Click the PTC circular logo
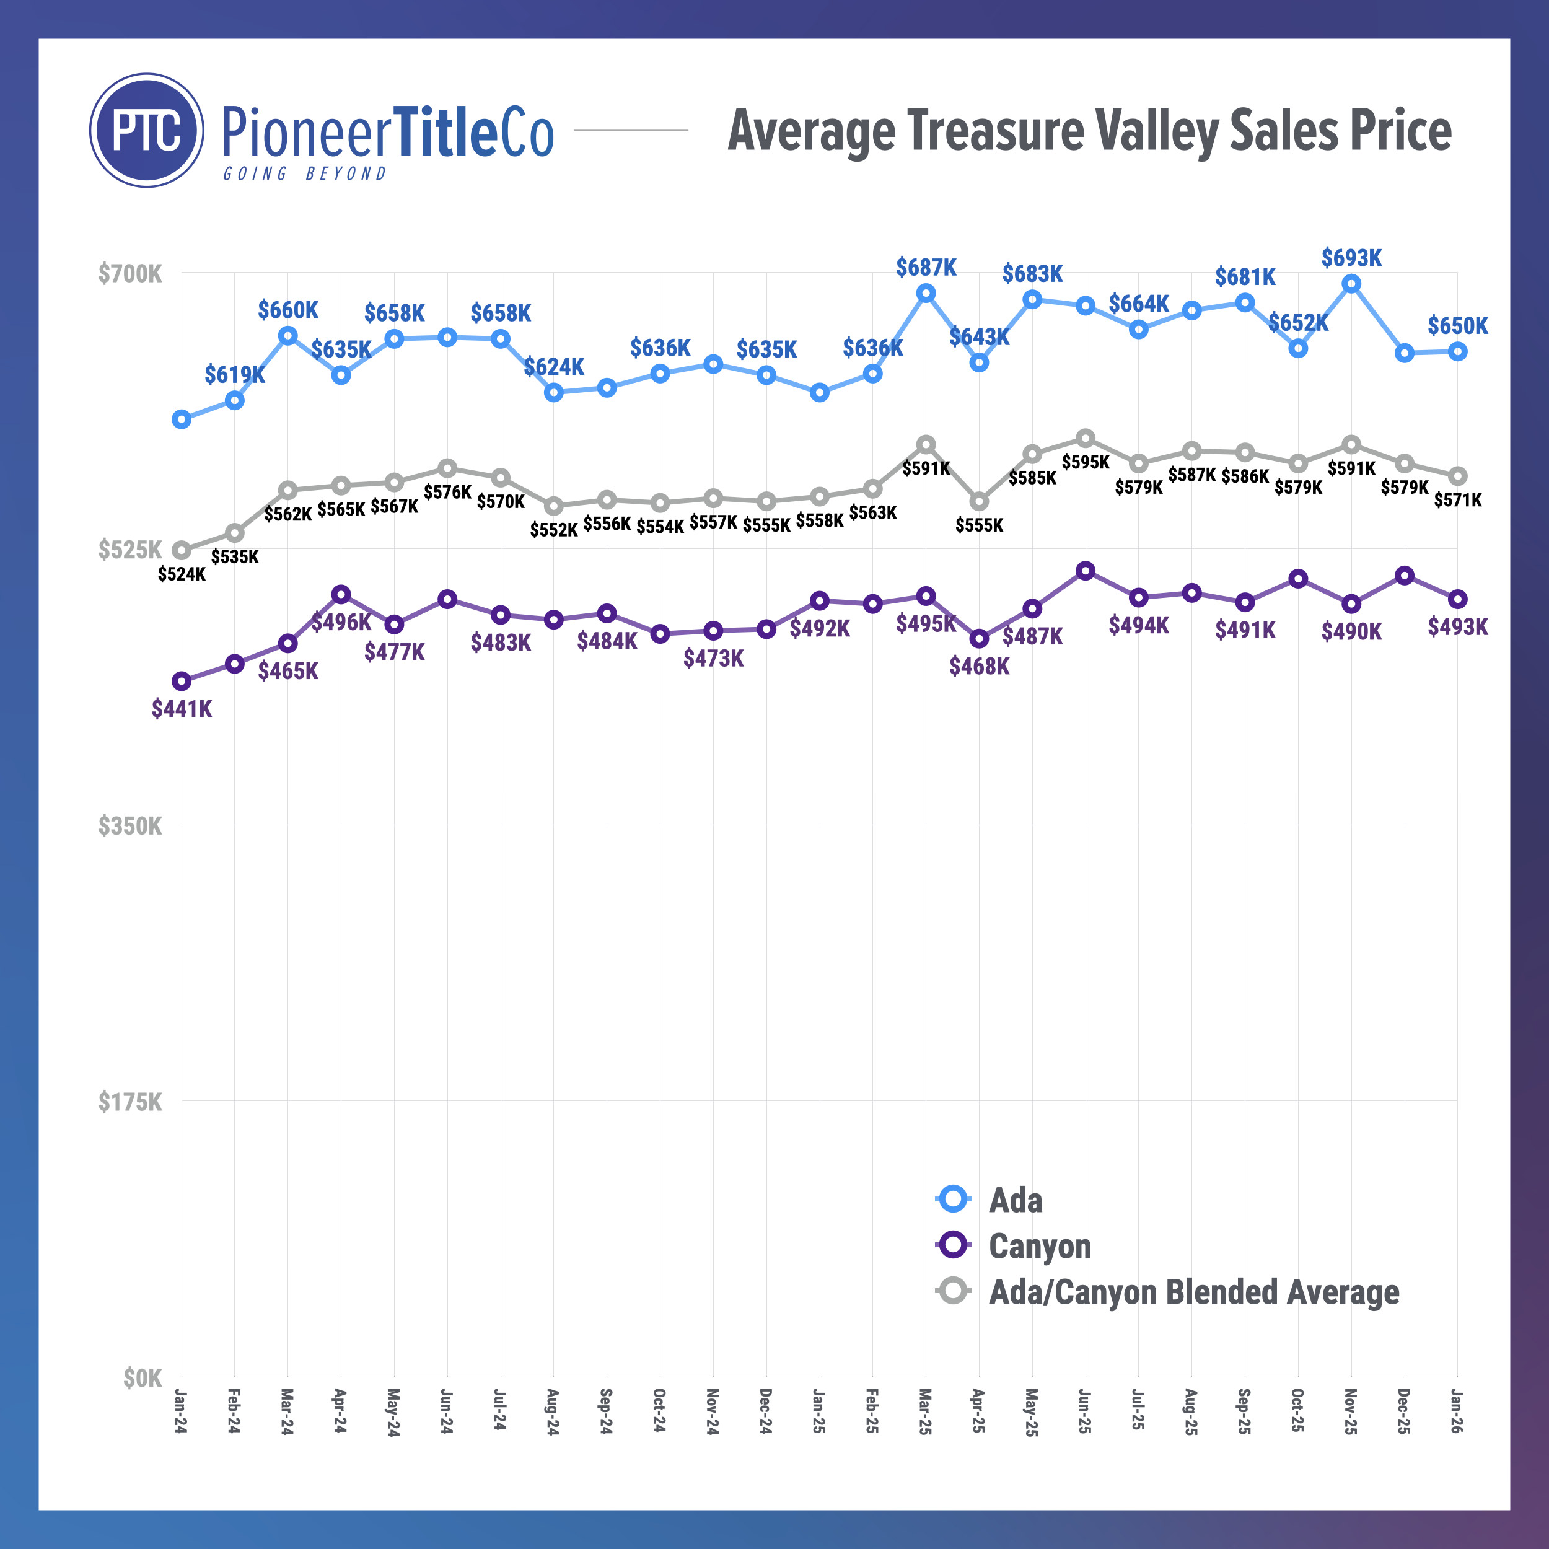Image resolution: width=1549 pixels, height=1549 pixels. click(x=147, y=130)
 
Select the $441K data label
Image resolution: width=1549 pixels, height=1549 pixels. click(x=182, y=709)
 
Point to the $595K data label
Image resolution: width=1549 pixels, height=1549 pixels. click(x=1085, y=462)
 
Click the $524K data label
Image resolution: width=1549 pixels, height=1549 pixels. click(x=182, y=574)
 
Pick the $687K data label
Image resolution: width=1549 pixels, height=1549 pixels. click(x=926, y=267)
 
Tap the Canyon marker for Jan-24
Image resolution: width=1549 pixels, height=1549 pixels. click(x=182, y=682)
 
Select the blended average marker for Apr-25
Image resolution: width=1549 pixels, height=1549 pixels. click(x=979, y=502)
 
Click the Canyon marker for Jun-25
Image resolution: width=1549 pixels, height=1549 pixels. click(x=1085, y=571)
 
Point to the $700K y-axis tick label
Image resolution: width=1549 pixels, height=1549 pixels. click(x=130, y=274)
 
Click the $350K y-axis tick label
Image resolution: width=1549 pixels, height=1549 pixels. click(x=130, y=826)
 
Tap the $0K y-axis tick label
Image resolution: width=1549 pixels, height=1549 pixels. click(x=142, y=1377)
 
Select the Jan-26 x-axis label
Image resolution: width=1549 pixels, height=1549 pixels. click(x=1457, y=1411)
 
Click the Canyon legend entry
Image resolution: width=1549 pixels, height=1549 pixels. click(x=1039, y=1246)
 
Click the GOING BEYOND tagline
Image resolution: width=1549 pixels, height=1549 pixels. click(x=305, y=174)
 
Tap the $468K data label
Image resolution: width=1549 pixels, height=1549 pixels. click(x=979, y=666)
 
